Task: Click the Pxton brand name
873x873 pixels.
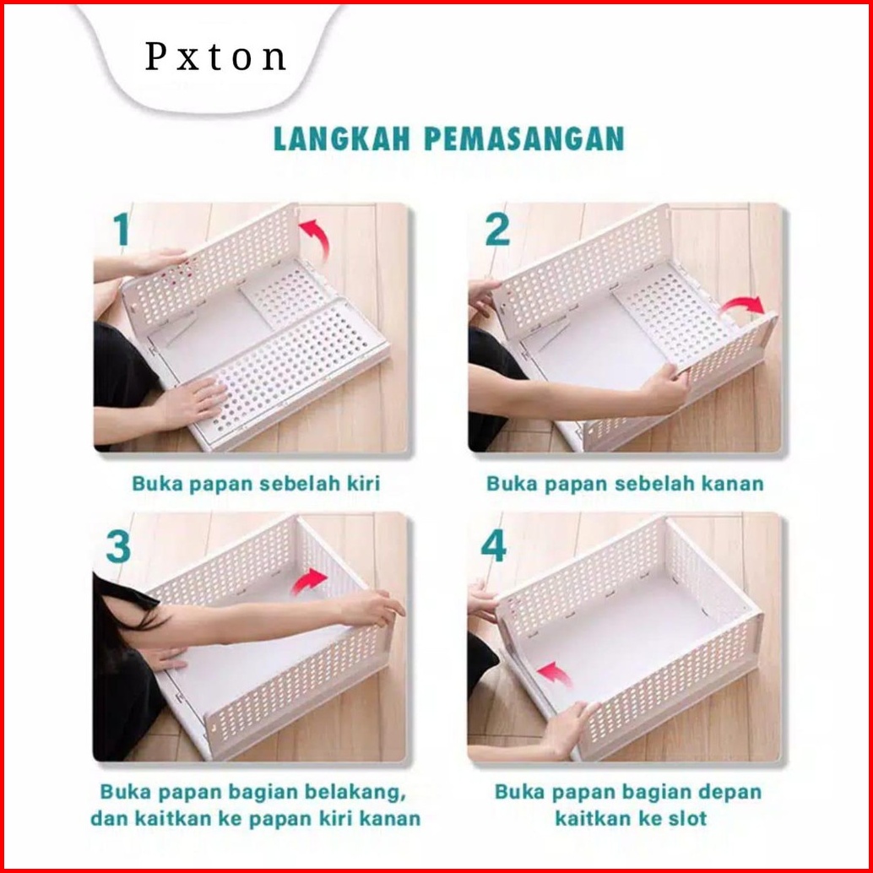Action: tap(215, 57)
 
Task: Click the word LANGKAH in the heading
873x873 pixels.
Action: tap(342, 139)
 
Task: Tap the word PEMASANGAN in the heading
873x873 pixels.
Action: tap(524, 139)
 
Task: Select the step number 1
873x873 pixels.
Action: tap(122, 229)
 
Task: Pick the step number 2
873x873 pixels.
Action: tap(497, 230)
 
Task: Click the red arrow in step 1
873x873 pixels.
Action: tap(317, 236)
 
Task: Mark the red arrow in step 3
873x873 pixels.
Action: tap(309, 580)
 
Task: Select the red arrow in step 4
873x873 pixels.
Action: tap(555, 673)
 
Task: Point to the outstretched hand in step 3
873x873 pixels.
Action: tap(372, 607)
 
